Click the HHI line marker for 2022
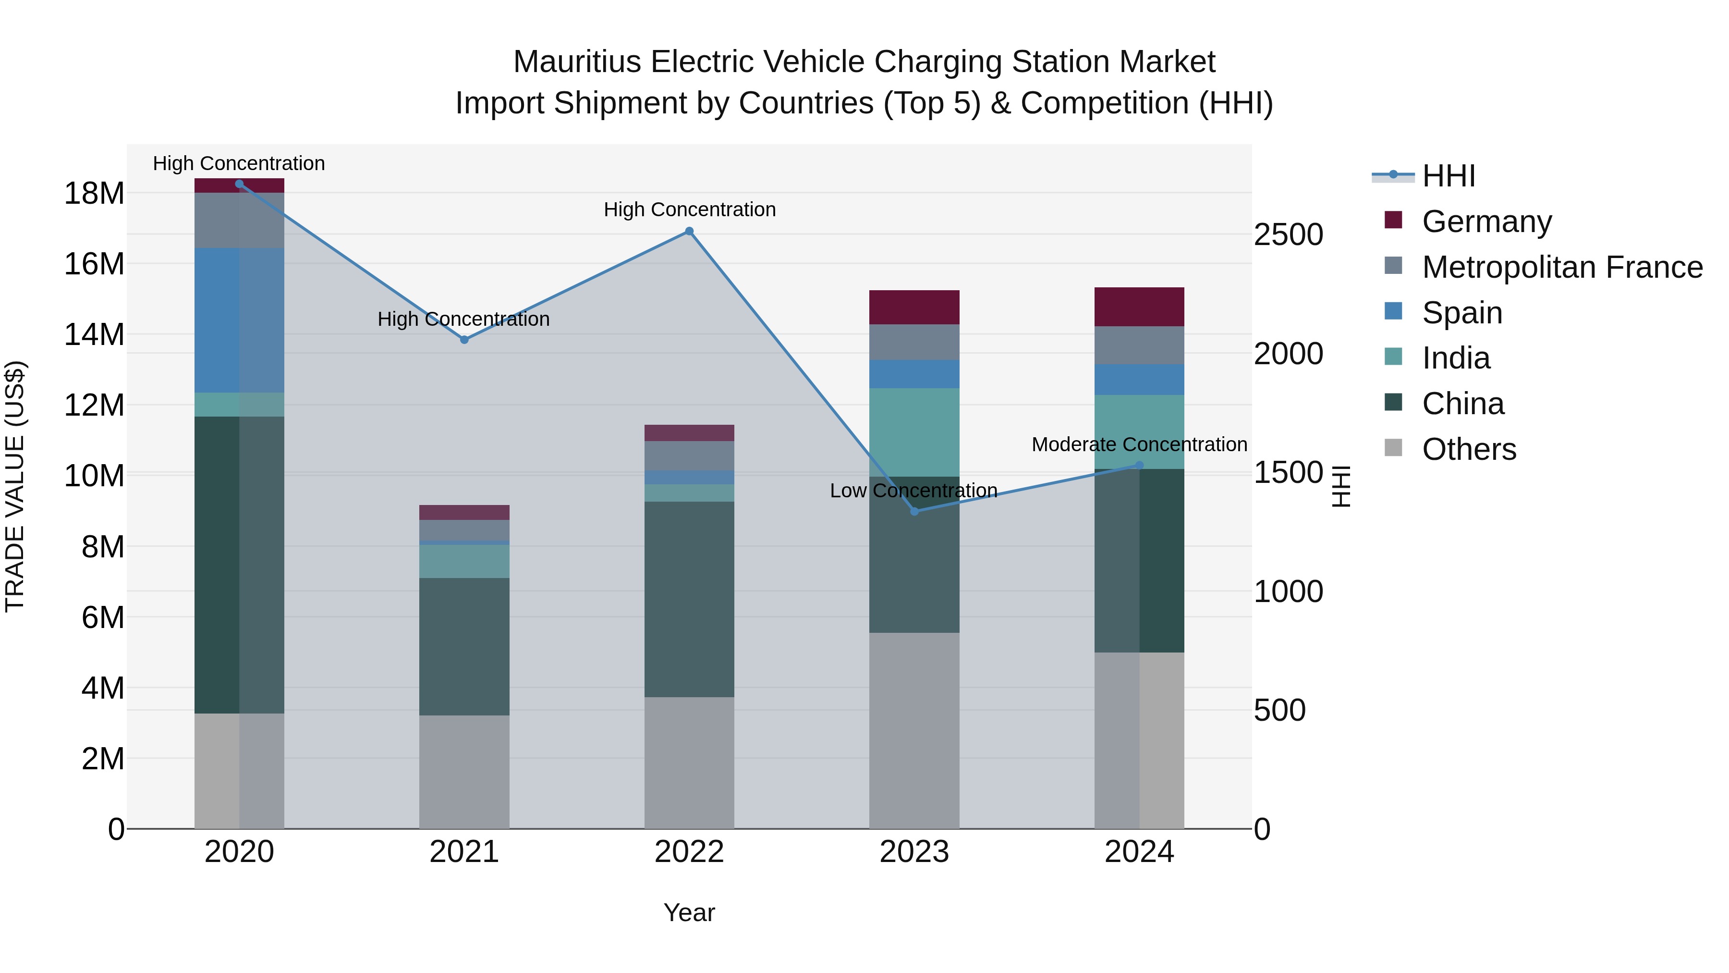[689, 232]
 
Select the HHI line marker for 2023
[914, 512]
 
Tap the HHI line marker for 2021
[464, 340]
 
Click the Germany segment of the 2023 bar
[914, 308]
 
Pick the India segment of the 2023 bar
[914, 432]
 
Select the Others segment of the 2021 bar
[464, 772]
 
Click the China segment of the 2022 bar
[689, 599]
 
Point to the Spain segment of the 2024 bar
[1139, 380]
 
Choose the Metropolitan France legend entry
[1562, 267]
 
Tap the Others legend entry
[1469, 449]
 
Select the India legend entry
[1455, 358]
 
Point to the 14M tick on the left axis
[94, 334]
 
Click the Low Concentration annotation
[913, 491]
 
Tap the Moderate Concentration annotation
[1139, 444]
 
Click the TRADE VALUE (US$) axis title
[15, 486]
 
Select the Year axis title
[689, 913]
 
